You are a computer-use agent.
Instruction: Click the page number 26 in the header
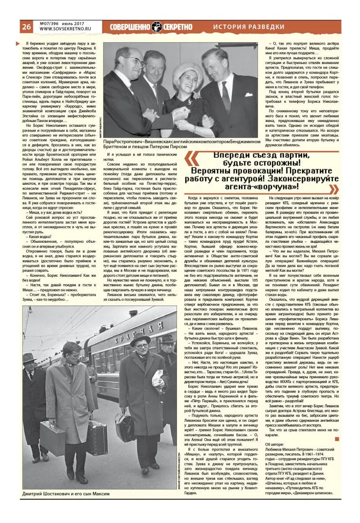click(x=26, y=26)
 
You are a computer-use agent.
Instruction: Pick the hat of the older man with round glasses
click(x=140, y=340)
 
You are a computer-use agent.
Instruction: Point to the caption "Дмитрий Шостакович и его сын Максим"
click(x=65, y=494)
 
